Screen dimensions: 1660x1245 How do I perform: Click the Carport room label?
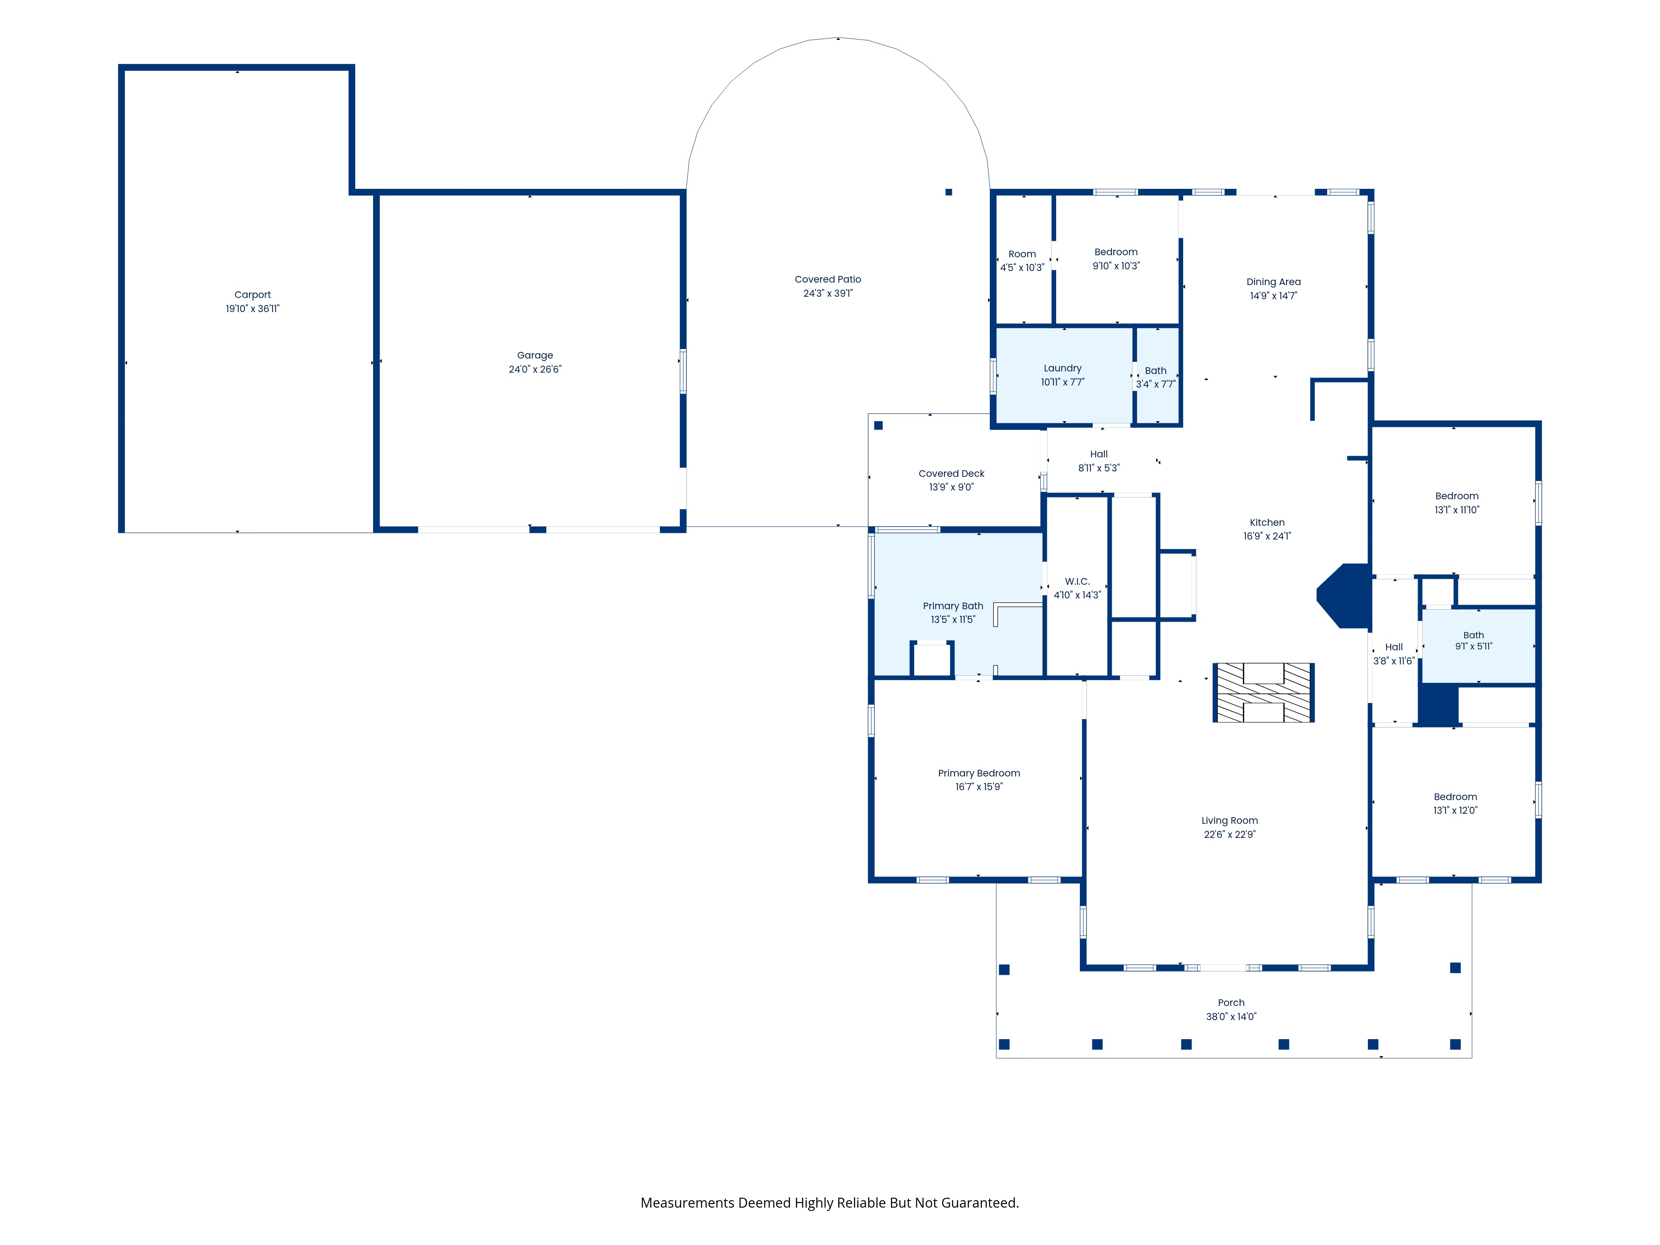coord(252,295)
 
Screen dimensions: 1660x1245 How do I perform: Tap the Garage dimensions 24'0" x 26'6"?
coord(535,369)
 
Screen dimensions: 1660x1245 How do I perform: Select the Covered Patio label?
coord(828,279)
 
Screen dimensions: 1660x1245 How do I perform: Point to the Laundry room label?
coord(1063,369)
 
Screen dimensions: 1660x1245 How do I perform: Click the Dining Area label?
coord(1274,282)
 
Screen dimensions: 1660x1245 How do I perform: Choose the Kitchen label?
coord(1267,522)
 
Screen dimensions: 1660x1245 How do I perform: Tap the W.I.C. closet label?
coord(1077,581)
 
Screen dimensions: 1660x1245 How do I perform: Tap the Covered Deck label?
coord(952,474)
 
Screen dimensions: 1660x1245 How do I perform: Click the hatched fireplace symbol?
coord(1264,693)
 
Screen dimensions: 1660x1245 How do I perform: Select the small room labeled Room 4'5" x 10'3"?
coord(1022,260)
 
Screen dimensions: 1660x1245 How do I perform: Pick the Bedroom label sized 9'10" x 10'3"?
coord(1116,252)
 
